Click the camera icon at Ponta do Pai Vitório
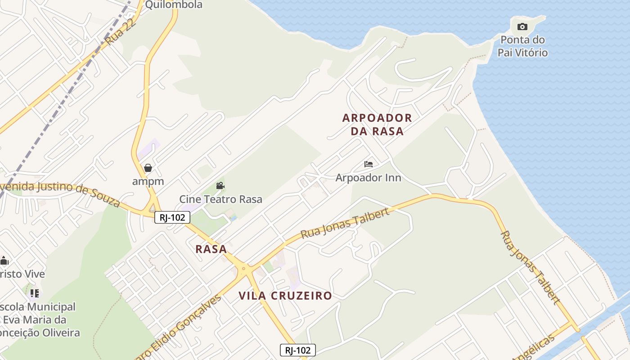click(x=522, y=27)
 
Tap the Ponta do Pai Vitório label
click(x=522, y=46)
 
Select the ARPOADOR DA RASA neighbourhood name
click(x=377, y=125)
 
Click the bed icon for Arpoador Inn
click(x=369, y=164)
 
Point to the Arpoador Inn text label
click(x=368, y=177)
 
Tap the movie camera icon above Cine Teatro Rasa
click(x=220, y=185)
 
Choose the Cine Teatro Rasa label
click(x=220, y=199)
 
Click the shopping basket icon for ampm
click(x=148, y=168)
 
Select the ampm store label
click(x=148, y=181)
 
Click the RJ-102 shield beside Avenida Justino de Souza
click(x=172, y=217)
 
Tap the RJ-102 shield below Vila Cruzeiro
click(x=297, y=350)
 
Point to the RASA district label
click(x=211, y=249)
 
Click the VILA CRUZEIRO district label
click(x=285, y=296)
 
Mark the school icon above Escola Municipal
click(x=35, y=293)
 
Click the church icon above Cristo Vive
click(x=4, y=261)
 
